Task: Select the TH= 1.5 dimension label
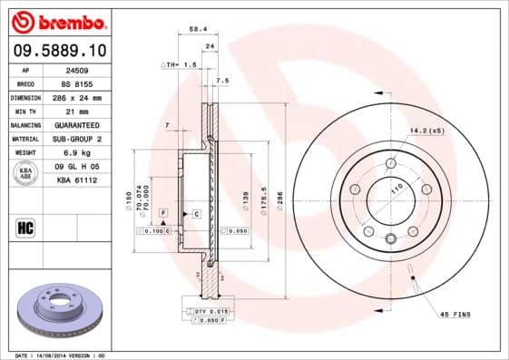click(179, 66)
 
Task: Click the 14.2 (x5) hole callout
click(428, 131)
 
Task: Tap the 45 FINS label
click(456, 314)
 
